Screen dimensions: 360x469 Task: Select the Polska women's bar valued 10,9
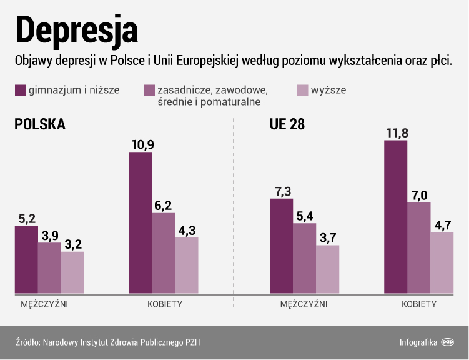[140, 222]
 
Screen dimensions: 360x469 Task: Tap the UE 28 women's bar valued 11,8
[396, 216]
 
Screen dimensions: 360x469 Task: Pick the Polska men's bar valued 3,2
[72, 272]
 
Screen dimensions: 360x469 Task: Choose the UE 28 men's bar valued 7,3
[281, 246]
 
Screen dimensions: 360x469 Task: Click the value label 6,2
[164, 204]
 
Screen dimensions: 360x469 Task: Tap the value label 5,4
[304, 215]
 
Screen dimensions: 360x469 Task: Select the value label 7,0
[419, 194]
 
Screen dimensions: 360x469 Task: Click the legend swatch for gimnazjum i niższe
[20, 90]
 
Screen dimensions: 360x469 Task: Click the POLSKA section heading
[40, 124]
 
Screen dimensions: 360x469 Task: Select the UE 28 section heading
[287, 124]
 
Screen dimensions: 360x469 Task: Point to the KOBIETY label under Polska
[165, 304]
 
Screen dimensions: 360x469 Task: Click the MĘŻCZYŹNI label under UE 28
[304, 304]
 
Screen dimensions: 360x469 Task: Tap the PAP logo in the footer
[448, 342]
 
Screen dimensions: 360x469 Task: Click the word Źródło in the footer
[27, 342]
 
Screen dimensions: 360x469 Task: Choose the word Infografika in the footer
[418, 342]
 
